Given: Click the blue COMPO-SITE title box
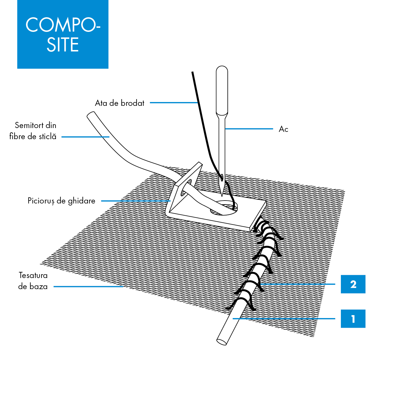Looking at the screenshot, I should click(x=63, y=34).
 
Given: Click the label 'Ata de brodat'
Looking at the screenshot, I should click(x=120, y=103).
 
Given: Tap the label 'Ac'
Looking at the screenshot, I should click(x=283, y=129).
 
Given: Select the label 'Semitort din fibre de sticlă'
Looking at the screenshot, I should click(x=33, y=131).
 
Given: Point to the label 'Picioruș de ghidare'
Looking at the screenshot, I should click(x=61, y=201).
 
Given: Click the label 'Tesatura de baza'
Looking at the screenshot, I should click(x=33, y=281).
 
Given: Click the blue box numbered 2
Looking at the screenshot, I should click(x=353, y=284).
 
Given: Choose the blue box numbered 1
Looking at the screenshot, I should click(x=353, y=319).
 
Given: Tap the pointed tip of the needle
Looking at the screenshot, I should click(x=222, y=195).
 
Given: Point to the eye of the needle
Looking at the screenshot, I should click(x=222, y=177).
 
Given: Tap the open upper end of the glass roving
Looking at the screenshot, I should click(x=91, y=114).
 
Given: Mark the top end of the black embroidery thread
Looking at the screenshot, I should click(x=192, y=72).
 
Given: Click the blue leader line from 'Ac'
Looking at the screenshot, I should click(x=249, y=129).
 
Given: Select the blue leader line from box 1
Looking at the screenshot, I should click(x=284, y=319).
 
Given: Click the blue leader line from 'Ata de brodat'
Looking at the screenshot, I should click(x=174, y=103).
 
